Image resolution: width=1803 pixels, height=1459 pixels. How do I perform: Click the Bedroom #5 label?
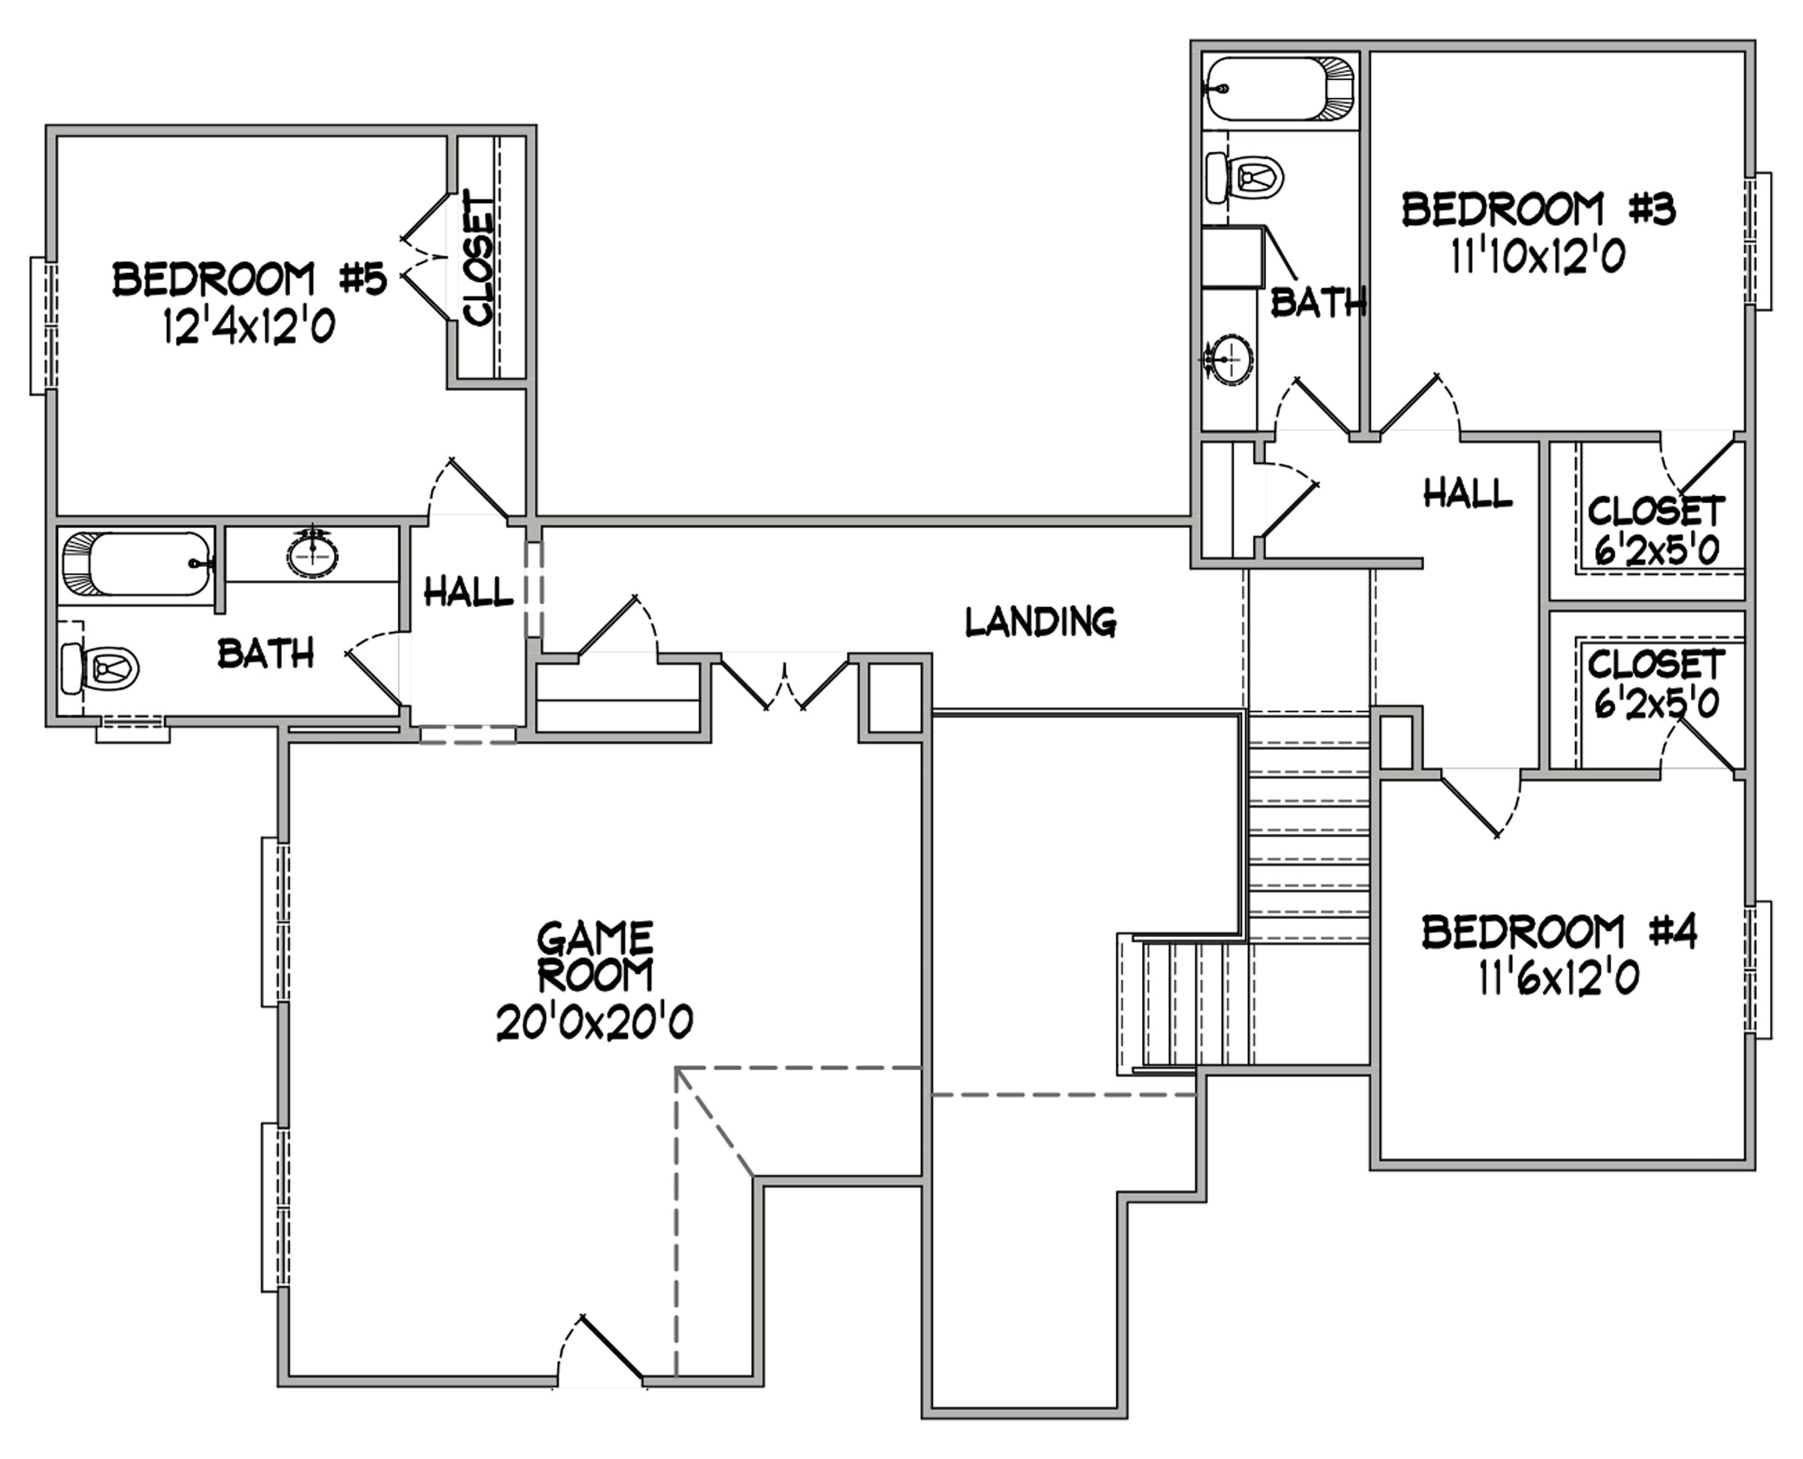pos(250,279)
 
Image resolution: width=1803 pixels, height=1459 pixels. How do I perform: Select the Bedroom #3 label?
pos(1538,209)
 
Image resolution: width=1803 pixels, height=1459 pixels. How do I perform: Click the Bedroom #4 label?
pos(1559,932)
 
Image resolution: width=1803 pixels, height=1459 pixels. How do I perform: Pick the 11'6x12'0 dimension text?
pos(1559,978)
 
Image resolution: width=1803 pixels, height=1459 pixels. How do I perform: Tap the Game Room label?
pos(595,957)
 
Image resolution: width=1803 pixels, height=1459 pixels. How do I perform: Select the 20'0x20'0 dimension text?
pos(595,1023)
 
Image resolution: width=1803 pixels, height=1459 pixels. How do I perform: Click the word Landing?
pos(1040,621)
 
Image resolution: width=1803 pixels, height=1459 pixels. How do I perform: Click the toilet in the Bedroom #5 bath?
pos(101,669)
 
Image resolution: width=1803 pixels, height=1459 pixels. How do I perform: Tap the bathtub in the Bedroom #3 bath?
pos(1280,88)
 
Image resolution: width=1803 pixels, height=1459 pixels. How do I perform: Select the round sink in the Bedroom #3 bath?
pos(1229,360)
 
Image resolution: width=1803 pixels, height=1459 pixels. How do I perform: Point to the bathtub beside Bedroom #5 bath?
pos(138,563)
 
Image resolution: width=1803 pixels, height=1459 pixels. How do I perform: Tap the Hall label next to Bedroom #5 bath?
pos(468,592)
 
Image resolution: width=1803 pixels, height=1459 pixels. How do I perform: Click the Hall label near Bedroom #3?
pos(1468,493)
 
